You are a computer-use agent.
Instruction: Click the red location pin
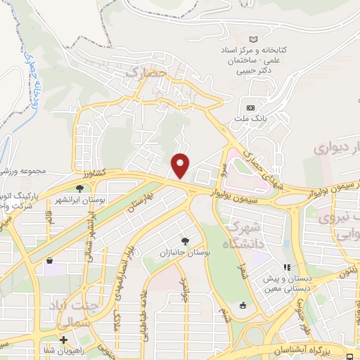181,165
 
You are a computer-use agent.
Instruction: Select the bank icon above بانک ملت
250,108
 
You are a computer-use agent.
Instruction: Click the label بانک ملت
250,120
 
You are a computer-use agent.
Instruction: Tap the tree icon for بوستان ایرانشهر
79,188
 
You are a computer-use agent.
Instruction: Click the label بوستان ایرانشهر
103,200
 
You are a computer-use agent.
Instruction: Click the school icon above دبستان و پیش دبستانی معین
287,267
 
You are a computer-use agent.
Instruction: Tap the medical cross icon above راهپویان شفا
63,340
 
